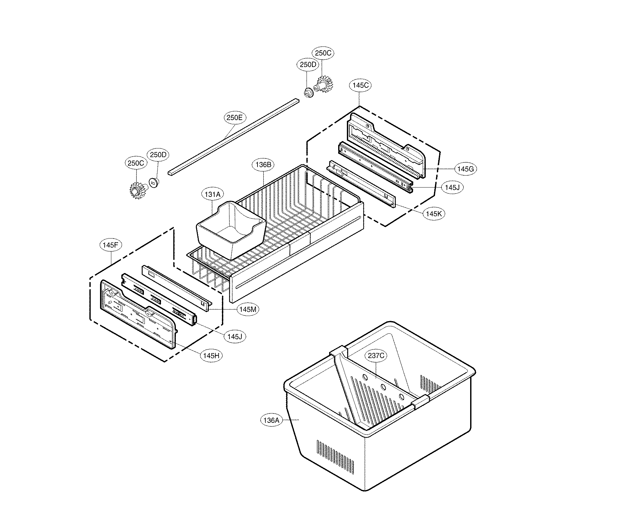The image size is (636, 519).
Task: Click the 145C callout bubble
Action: [x=360, y=85]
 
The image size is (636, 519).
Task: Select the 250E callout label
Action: [x=234, y=117]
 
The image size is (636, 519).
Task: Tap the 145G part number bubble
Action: [x=466, y=168]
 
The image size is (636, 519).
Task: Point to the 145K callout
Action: [x=434, y=214]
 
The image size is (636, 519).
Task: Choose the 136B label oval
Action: [x=263, y=165]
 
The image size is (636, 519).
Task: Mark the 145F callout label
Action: [x=111, y=245]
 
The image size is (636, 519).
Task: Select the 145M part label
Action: [x=247, y=309]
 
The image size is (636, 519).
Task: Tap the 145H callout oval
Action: [x=211, y=356]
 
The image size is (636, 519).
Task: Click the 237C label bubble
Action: [x=376, y=355]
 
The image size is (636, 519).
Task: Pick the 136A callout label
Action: [x=271, y=420]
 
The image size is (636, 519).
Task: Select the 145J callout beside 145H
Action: [x=235, y=337]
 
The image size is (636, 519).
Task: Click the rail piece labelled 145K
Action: [x=361, y=184]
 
